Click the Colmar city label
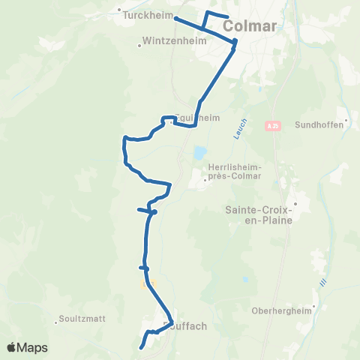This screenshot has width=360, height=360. (x=250, y=27)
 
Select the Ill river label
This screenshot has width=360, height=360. (x=323, y=283)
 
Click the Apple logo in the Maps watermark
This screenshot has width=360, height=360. (x=13, y=347)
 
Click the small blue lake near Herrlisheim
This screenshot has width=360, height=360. (x=199, y=154)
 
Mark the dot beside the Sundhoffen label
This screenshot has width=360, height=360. (x=346, y=120)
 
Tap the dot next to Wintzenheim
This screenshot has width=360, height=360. (x=139, y=46)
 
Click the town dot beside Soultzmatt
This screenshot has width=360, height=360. (x=56, y=323)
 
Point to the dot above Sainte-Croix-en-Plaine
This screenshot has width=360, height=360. (x=295, y=203)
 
